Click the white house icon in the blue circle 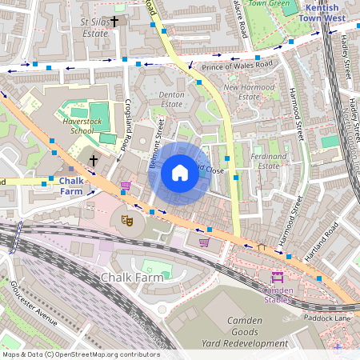click(x=180, y=172)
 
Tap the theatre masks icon click(x=126, y=218)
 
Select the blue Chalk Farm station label click(x=70, y=186)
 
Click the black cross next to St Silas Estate click(x=114, y=22)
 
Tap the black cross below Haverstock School click(x=93, y=162)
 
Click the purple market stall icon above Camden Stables click(x=278, y=277)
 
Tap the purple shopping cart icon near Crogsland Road click(x=125, y=186)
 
